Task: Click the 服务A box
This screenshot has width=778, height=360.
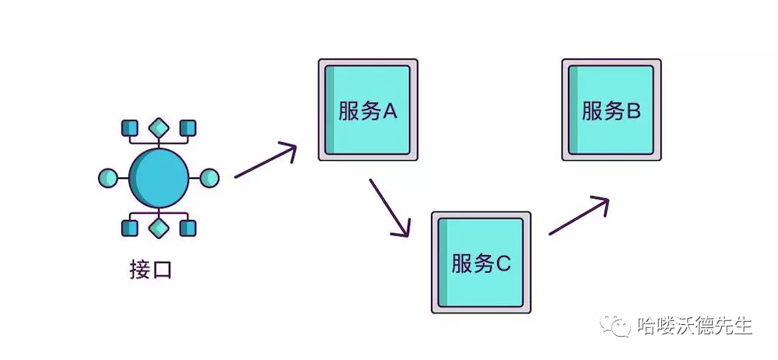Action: click(368, 110)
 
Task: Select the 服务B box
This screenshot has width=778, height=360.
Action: click(612, 110)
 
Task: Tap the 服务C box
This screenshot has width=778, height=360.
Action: click(482, 262)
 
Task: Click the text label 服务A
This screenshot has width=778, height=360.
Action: click(368, 111)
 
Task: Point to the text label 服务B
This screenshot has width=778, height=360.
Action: click(612, 111)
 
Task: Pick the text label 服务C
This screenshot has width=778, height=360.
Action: click(482, 264)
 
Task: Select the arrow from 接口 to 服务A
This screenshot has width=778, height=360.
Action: click(265, 161)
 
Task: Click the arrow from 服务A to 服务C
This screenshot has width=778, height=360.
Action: click(389, 207)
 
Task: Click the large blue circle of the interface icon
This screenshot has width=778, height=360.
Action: click(159, 178)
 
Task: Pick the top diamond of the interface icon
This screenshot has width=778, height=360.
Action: click(159, 128)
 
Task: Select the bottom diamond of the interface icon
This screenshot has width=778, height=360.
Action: click(159, 228)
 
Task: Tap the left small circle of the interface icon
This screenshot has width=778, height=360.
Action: click(107, 178)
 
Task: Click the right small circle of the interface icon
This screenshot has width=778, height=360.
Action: click(210, 178)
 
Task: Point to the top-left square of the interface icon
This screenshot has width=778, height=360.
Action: click(130, 128)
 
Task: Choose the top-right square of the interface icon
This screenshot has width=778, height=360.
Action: click(187, 128)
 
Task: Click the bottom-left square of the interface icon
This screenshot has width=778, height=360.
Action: click(130, 228)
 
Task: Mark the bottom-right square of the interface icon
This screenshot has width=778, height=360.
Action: click(187, 228)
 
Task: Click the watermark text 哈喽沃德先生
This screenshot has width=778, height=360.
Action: click(694, 325)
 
